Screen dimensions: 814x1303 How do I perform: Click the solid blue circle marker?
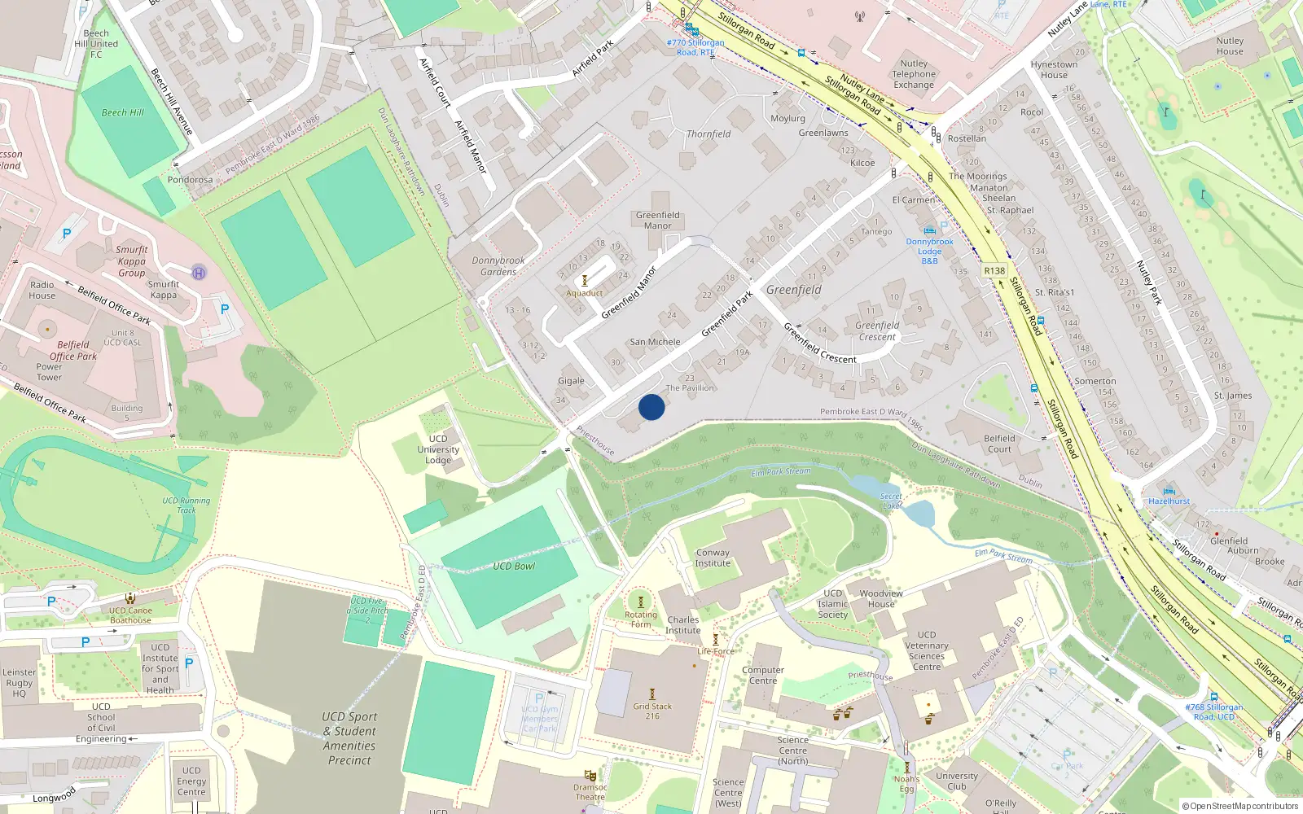click(x=651, y=407)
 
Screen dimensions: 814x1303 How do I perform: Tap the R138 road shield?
click(x=994, y=271)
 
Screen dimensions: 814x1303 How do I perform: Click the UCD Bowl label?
click(x=514, y=566)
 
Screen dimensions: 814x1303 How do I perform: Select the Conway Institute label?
click(x=713, y=558)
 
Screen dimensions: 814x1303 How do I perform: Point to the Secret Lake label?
click(x=892, y=501)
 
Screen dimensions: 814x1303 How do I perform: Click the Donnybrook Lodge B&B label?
click(x=929, y=251)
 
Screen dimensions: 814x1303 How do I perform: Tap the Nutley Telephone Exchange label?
click(x=914, y=74)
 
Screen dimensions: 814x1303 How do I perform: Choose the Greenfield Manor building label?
click(x=658, y=221)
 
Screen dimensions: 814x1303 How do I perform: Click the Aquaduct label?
click(x=585, y=293)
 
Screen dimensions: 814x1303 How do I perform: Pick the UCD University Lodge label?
click(x=438, y=449)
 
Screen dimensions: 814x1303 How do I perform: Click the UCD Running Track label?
click(x=186, y=505)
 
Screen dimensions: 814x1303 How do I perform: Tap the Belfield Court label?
click(x=999, y=444)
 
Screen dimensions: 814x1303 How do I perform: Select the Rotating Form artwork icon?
click(x=640, y=602)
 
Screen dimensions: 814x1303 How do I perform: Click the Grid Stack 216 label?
click(x=652, y=711)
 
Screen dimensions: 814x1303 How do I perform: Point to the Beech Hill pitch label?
click(x=123, y=113)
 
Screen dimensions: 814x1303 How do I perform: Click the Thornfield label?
click(x=709, y=134)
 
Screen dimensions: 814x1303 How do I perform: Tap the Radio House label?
click(x=42, y=290)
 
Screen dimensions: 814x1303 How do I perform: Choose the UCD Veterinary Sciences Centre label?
click(x=927, y=650)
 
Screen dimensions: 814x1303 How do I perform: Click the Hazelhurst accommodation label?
click(x=1169, y=501)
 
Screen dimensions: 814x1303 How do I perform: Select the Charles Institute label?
click(x=682, y=624)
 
